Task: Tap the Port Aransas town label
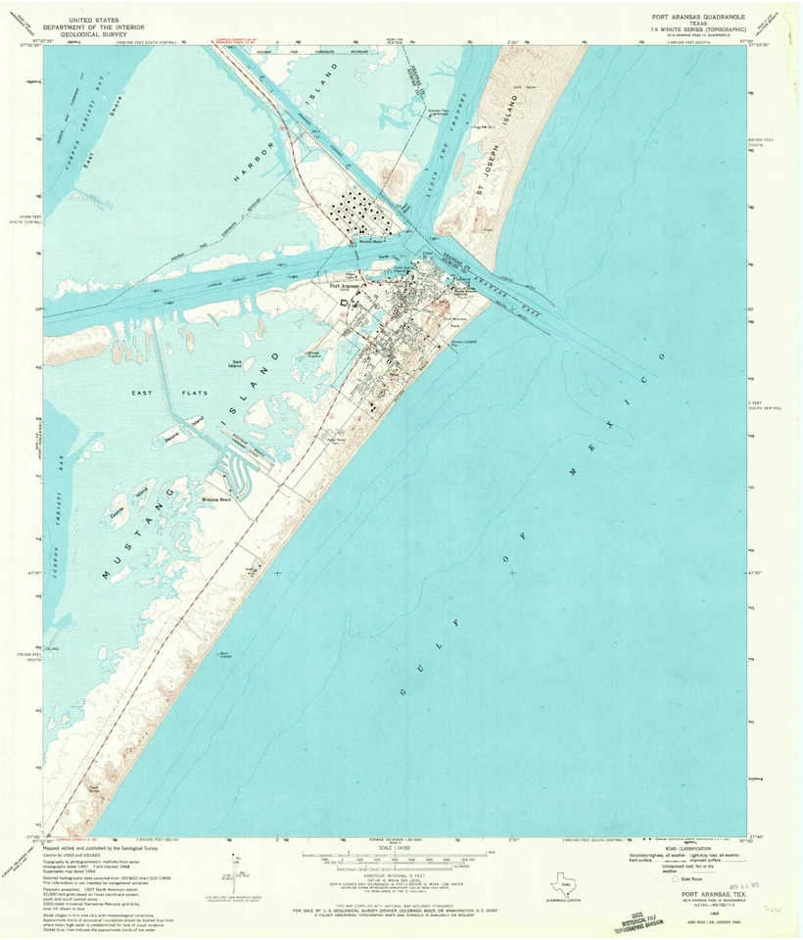345,287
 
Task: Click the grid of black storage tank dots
357,210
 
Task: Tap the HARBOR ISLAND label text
283,117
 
